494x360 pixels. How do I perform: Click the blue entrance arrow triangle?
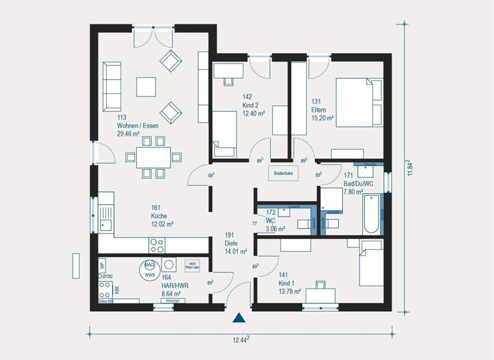point(239,318)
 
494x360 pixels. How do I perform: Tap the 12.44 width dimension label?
point(240,339)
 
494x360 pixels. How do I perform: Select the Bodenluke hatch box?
point(283,173)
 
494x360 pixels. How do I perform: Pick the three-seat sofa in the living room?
point(112,87)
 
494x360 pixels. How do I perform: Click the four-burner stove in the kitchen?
point(158,244)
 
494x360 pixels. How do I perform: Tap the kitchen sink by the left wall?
point(105,226)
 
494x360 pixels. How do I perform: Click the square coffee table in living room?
point(145,86)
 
